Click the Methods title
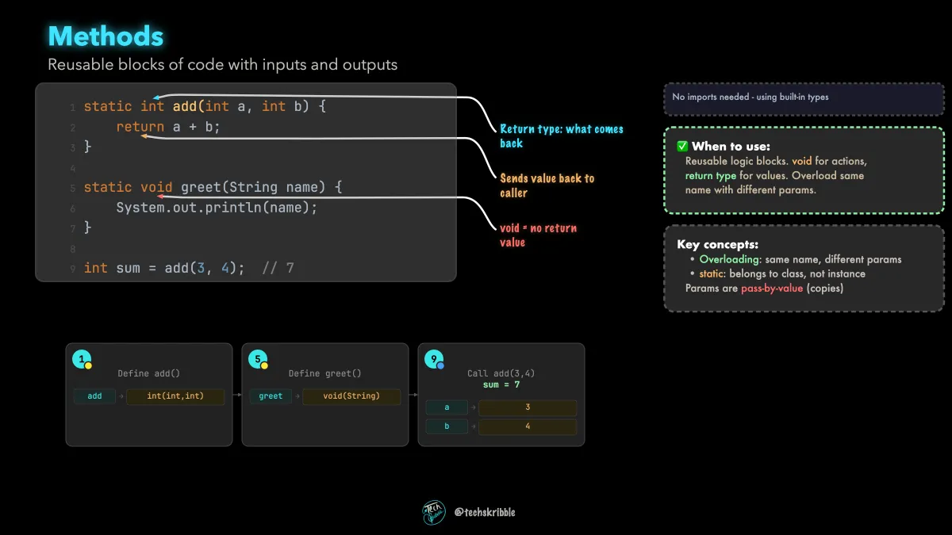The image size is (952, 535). (106, 36)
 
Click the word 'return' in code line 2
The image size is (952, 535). (140, 127)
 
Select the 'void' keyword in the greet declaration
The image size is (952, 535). (156, 187)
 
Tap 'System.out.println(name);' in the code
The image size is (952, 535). (217, 208)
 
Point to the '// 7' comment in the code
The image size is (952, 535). (278, 268)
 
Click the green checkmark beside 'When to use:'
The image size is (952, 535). (682, 147)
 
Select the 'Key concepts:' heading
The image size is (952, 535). (717, 245)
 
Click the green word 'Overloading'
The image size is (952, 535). (729, 259)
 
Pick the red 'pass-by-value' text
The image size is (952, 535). (772, 289)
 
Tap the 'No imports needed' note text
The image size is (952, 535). (750, 97)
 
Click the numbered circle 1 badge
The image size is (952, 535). (82, 359)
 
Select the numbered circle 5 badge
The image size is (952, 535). (258, 359)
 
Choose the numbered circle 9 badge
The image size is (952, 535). (434, 359)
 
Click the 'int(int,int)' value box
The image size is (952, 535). (175, 396)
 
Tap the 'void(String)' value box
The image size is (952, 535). (351, 396)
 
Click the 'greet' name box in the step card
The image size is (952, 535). (271, 396)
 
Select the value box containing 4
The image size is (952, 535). (528, 426)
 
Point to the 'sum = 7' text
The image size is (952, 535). (501, 384)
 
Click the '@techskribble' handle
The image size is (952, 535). (485, 513)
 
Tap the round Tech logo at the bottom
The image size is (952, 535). (433, 512)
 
